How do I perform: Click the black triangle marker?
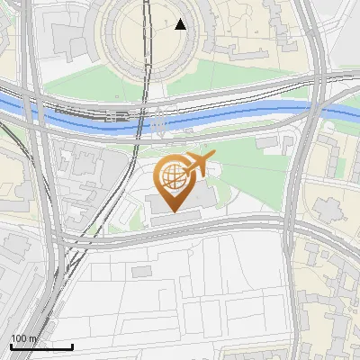click(180, 24)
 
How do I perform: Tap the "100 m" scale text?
click(24, 338)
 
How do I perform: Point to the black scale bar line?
click(41, 346)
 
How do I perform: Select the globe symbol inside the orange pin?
click(172, 175)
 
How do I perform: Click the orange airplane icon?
click(200, 164)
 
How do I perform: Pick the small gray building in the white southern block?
click(141, 271)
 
